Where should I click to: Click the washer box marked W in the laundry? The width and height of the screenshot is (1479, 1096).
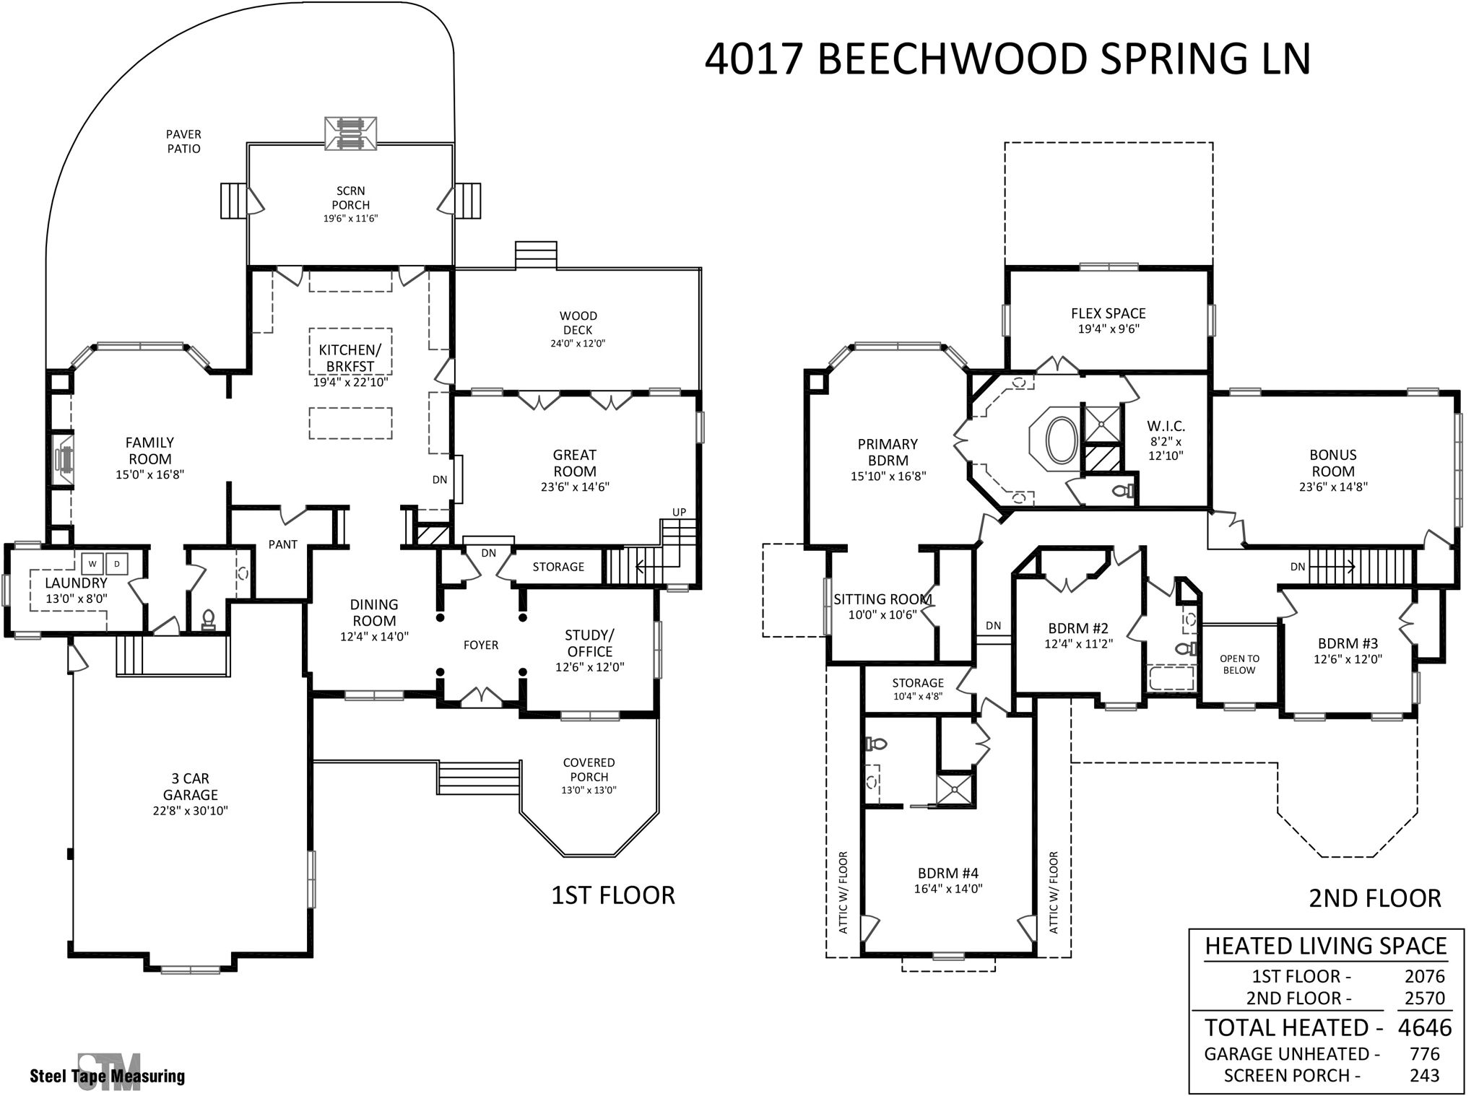click(92, 562)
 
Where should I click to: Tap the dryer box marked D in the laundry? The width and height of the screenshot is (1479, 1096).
click(117, 562)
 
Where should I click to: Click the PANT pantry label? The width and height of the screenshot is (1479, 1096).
click(282, 544)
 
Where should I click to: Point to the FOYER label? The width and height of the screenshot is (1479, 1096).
click(481, 645)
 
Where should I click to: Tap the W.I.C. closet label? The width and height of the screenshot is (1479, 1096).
click(1166, 426)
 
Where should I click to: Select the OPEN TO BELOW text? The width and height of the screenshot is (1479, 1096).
click(1239, 664)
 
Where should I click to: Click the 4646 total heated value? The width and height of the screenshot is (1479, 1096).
click(1424, 1027)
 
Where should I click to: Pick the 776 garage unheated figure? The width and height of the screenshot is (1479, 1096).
click(1424, 1054)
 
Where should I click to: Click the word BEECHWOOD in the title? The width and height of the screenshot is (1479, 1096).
click(952, 60)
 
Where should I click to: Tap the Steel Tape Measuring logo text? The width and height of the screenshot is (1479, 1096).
click(107, 1077)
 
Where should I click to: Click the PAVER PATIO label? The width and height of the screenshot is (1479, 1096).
click(183, 142)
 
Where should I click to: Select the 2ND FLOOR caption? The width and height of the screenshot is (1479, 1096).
click(1374, 898)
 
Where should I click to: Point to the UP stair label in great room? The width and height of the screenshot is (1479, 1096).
click(679, 512)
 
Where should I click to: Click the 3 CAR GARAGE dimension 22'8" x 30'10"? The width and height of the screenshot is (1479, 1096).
click(190, 810)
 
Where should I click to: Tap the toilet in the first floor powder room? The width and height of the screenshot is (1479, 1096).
click(209, 619)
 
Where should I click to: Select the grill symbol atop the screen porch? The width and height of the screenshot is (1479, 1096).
click(350, 134)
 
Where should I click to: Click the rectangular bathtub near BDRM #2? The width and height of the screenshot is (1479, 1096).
click(1171, 679)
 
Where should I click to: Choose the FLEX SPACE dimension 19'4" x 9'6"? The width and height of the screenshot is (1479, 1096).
click(1108, 329)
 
